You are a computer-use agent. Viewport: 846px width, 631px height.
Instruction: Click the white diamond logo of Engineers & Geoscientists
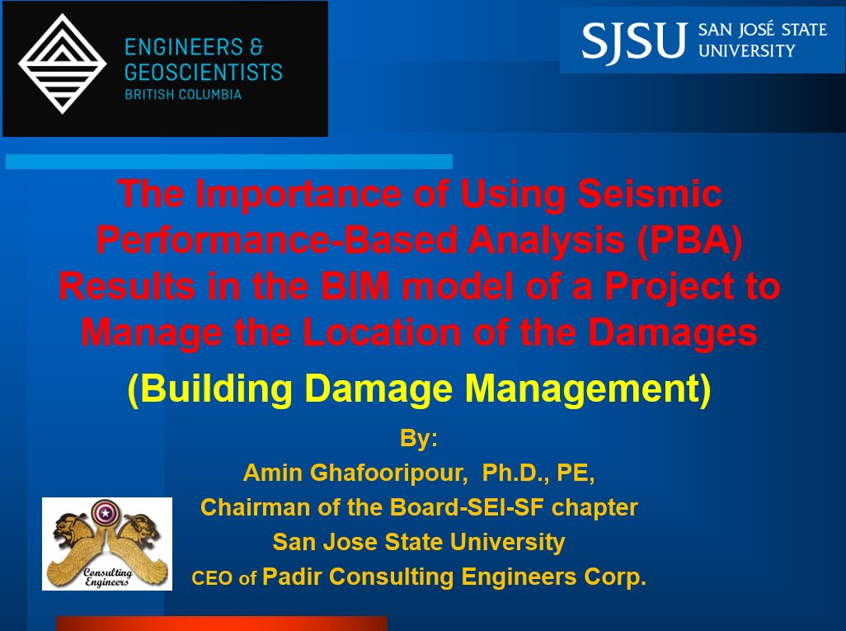[x=63, y=64]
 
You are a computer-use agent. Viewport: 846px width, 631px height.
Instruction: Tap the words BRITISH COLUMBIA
[x=183, y=95]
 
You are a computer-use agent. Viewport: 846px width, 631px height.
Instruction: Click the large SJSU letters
[x=634, y=41]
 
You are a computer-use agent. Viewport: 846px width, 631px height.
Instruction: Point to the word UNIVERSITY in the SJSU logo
[x=747, y=51]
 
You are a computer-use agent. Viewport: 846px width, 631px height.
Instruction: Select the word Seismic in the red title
[x=650, y=193]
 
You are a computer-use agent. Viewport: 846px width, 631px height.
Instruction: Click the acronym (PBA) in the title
[x=689, y=240]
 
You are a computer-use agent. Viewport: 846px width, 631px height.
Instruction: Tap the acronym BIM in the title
[x=355, y=285]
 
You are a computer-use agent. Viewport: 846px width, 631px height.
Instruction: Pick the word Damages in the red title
[x=672, y=332]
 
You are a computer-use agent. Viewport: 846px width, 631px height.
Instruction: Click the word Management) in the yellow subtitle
[x=588, y=388]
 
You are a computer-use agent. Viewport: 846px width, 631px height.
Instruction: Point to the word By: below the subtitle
[x=419, y=438]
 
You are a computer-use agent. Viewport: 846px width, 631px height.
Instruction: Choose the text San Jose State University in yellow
[x=419, y=542]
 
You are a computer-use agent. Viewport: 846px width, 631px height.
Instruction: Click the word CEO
[x=212, y=578]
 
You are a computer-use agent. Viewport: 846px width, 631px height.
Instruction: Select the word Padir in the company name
[x=292, y=577]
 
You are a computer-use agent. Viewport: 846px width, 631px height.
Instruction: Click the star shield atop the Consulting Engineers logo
[x=106, y=513]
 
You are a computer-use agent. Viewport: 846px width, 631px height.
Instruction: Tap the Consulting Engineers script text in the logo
[x=107, y=577]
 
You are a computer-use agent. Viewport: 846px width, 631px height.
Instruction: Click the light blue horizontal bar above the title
[x=228, y=162]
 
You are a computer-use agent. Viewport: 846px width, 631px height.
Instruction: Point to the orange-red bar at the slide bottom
[x=222, y=624]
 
